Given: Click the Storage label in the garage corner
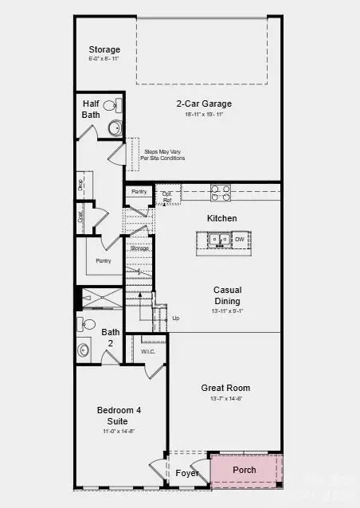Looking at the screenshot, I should pos(104,49).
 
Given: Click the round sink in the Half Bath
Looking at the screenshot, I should pos(114,127).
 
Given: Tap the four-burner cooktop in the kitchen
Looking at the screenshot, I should pos(221,192).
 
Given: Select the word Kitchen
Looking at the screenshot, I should pos(222,218).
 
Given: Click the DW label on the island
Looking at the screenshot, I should pos(239,239).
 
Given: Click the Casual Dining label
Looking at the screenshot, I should pos(228,295).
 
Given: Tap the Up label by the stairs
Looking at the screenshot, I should pos(176,318).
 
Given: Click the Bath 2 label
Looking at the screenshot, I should pos(110,337).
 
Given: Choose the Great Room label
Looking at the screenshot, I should pos(225,389).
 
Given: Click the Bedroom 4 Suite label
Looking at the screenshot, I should pos(118,415).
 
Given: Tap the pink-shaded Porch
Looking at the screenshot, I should pos(245,470).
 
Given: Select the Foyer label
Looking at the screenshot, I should pos(188,473).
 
